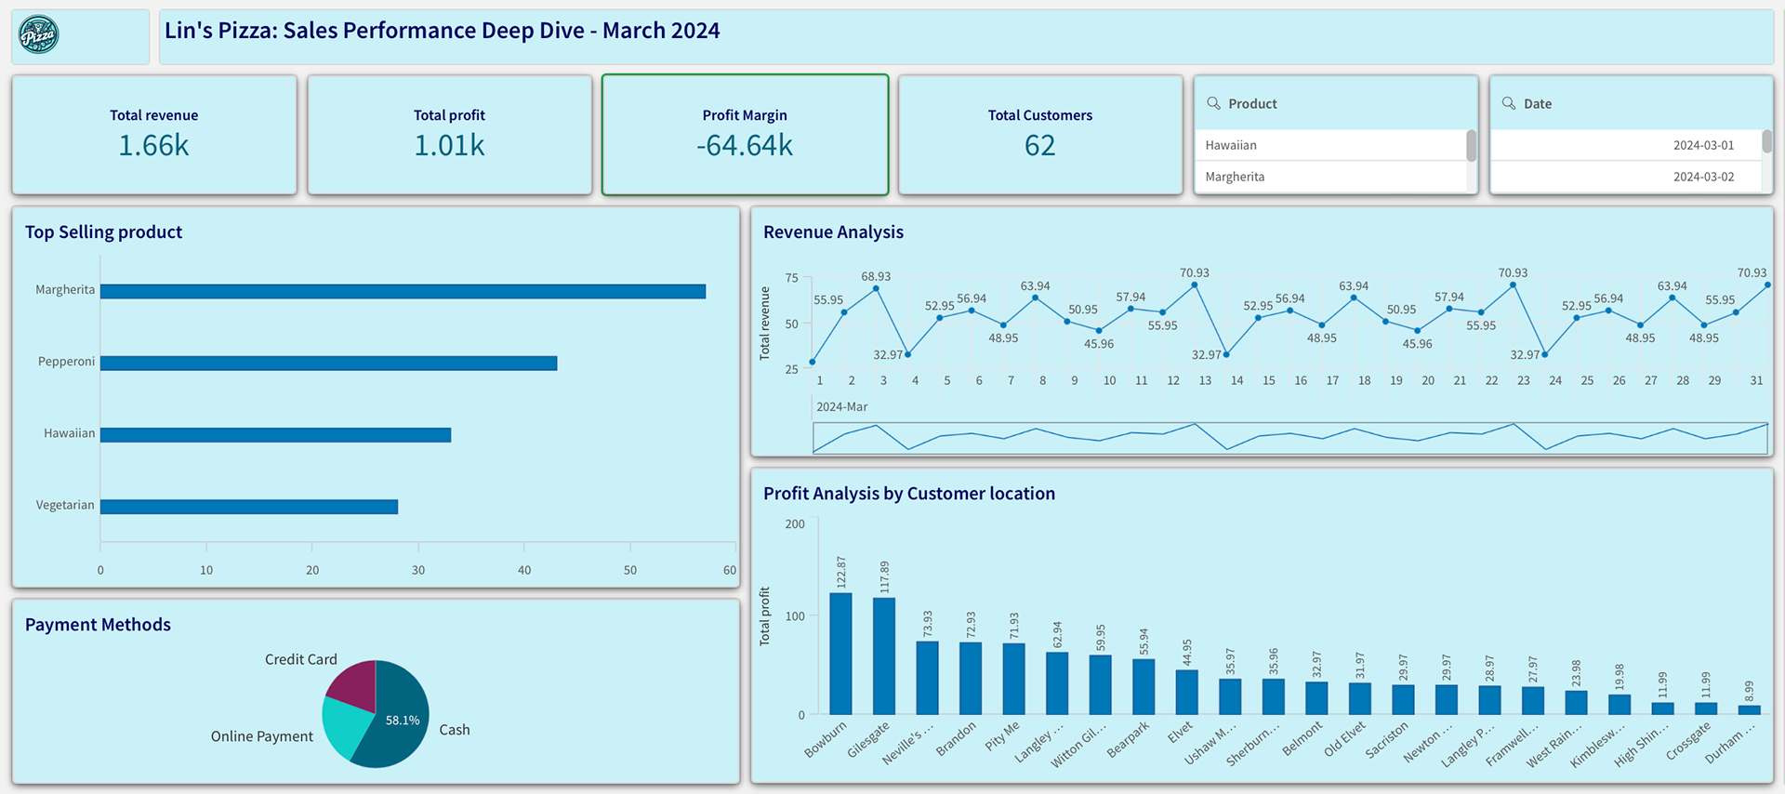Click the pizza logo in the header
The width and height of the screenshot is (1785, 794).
39,35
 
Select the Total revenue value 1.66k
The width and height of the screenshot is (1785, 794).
153,146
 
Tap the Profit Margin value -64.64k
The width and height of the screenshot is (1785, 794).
745,146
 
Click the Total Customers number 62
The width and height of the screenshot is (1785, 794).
1039,146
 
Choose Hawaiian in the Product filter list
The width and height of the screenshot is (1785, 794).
1231,145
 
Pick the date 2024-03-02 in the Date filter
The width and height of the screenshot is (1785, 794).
1703,177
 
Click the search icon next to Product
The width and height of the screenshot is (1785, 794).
1213,103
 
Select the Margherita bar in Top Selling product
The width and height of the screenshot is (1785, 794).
403,292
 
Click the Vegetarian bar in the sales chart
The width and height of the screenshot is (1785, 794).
249,507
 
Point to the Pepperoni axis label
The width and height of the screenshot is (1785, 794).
66,362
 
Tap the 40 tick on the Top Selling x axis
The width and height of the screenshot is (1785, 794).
524,570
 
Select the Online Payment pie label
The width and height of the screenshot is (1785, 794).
261,736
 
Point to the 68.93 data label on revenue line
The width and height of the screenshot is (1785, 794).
876,276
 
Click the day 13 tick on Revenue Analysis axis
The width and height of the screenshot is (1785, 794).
1205,380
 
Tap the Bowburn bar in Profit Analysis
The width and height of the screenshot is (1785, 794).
840,654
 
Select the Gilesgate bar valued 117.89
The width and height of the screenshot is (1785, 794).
884,655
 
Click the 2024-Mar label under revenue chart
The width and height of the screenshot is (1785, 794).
841,407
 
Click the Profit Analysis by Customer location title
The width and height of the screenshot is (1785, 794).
908,494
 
